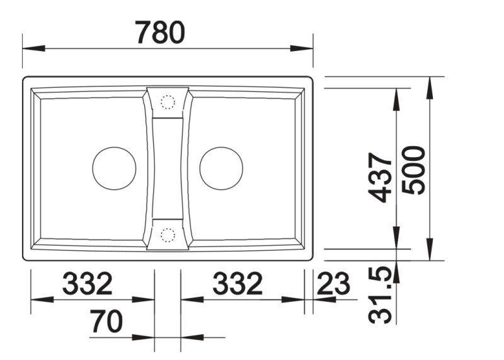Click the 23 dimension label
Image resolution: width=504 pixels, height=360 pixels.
click(333, 285)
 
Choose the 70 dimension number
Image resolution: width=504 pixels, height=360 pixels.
click(106, 322)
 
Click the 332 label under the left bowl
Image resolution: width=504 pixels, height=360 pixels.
click(87, 285)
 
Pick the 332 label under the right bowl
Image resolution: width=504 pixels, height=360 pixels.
click(237, 285)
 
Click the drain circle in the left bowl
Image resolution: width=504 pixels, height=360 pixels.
click(114, 168)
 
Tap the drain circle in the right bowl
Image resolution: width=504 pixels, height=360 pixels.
click(221, 168)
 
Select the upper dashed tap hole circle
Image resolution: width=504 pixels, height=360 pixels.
click(168, 102)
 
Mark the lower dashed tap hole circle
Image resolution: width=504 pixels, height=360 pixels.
click(168, 235)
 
